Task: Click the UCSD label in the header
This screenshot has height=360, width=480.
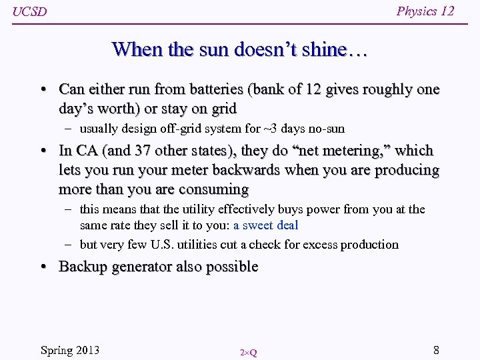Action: click(30, 12)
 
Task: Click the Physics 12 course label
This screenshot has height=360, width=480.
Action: click(425, 11)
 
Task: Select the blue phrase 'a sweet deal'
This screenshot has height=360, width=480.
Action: click(265, 225)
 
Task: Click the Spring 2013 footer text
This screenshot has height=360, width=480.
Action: click(70, 350)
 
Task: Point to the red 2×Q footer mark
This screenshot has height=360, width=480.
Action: click(248, 352)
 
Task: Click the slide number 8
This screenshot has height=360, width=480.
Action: click(436, 350)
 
